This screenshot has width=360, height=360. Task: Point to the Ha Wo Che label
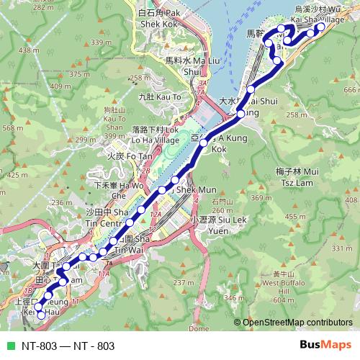click(x=112, y=189)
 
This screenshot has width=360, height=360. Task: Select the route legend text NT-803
click(x=68, y=346)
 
